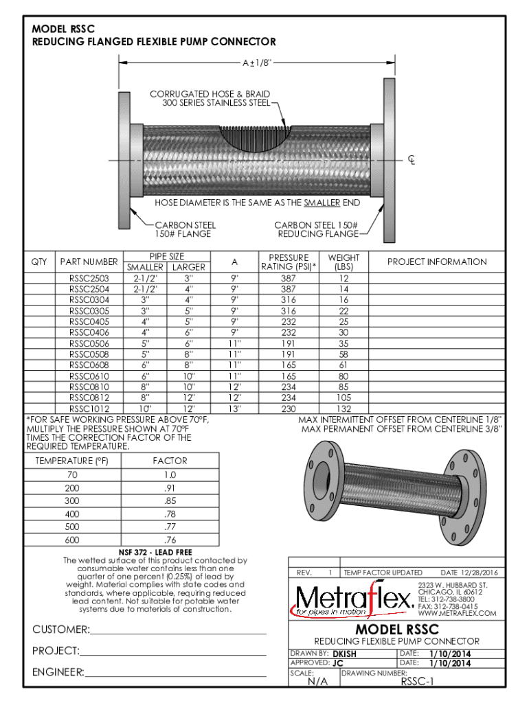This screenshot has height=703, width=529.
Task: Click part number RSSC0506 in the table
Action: (x=89, y=343)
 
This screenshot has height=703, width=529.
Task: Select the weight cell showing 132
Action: (x=344, y=408)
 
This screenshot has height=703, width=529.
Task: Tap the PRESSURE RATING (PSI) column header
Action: (x=289, y=262)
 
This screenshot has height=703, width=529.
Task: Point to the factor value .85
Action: (x=170, y=500)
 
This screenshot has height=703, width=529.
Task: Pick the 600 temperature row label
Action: (x=72, y=540)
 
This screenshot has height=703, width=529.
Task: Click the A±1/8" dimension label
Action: (x=257, y=62)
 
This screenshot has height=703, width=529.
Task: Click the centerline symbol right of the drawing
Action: (x=412, y=160)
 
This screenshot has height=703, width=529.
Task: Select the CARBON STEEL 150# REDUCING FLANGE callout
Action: (x=316, y=229)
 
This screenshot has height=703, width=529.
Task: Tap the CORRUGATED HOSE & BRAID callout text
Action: (x=210, y=98)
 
